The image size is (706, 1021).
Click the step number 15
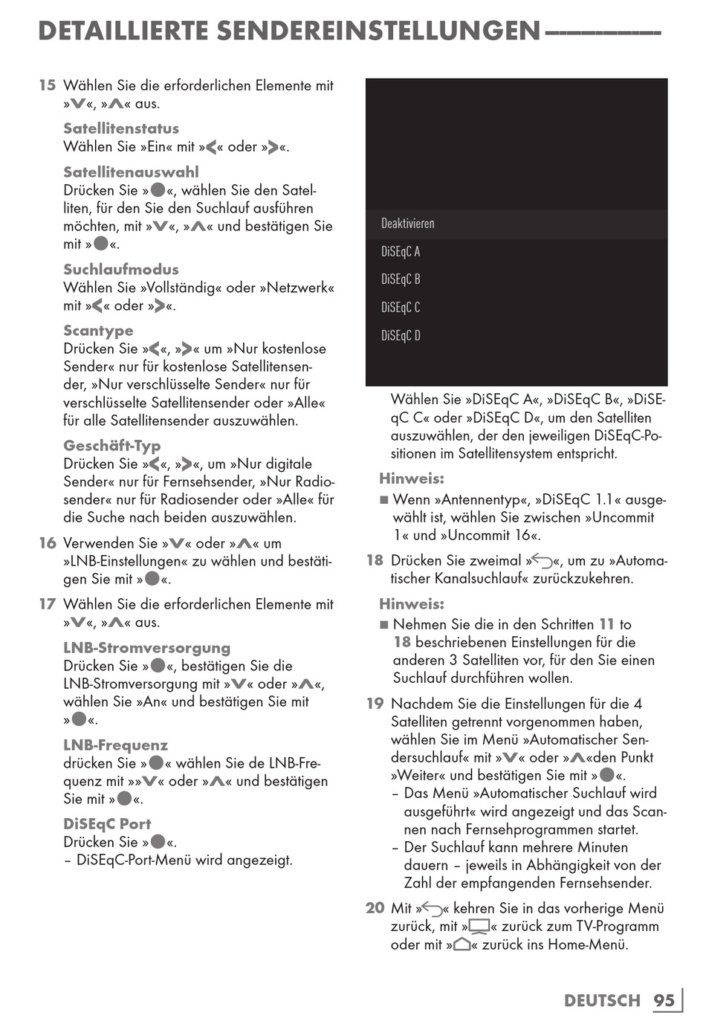tap(48, 85)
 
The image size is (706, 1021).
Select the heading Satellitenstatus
tap(121, 129)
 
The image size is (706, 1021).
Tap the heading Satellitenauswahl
tap(131, 172)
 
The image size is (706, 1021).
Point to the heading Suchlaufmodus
tap(121, 270)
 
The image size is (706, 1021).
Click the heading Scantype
tap(98, 331)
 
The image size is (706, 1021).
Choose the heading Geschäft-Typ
tap(112, 446)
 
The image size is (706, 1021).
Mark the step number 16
tap(48, 543)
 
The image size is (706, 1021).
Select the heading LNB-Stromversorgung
tap(147, 648)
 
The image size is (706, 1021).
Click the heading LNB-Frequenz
tap(115, 745)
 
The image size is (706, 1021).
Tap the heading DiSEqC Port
tap(107, 824)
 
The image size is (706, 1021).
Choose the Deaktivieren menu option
tap(408, 224)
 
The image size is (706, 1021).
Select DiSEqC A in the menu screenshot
tap(401, 252)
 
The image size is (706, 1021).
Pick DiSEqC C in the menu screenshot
tap(401, 308)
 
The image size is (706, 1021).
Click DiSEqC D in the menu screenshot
tap(401, 336)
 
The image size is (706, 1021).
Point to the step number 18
tap(375, 560)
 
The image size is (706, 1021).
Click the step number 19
tap(375, 704)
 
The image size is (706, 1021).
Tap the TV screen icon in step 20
tap(479, 927)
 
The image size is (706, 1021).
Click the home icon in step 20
tap(462, 944)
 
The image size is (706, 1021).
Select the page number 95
tap(664, 1000)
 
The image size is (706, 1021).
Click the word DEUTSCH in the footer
tap(602, 1000)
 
